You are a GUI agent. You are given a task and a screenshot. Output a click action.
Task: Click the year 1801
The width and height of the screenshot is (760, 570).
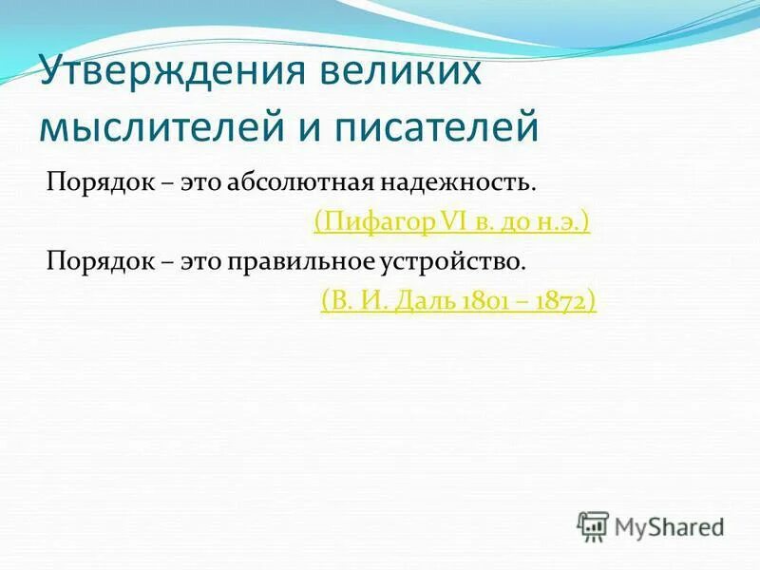coord(478,302)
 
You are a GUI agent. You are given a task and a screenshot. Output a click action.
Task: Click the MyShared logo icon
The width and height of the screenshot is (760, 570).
coord(593,524)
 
